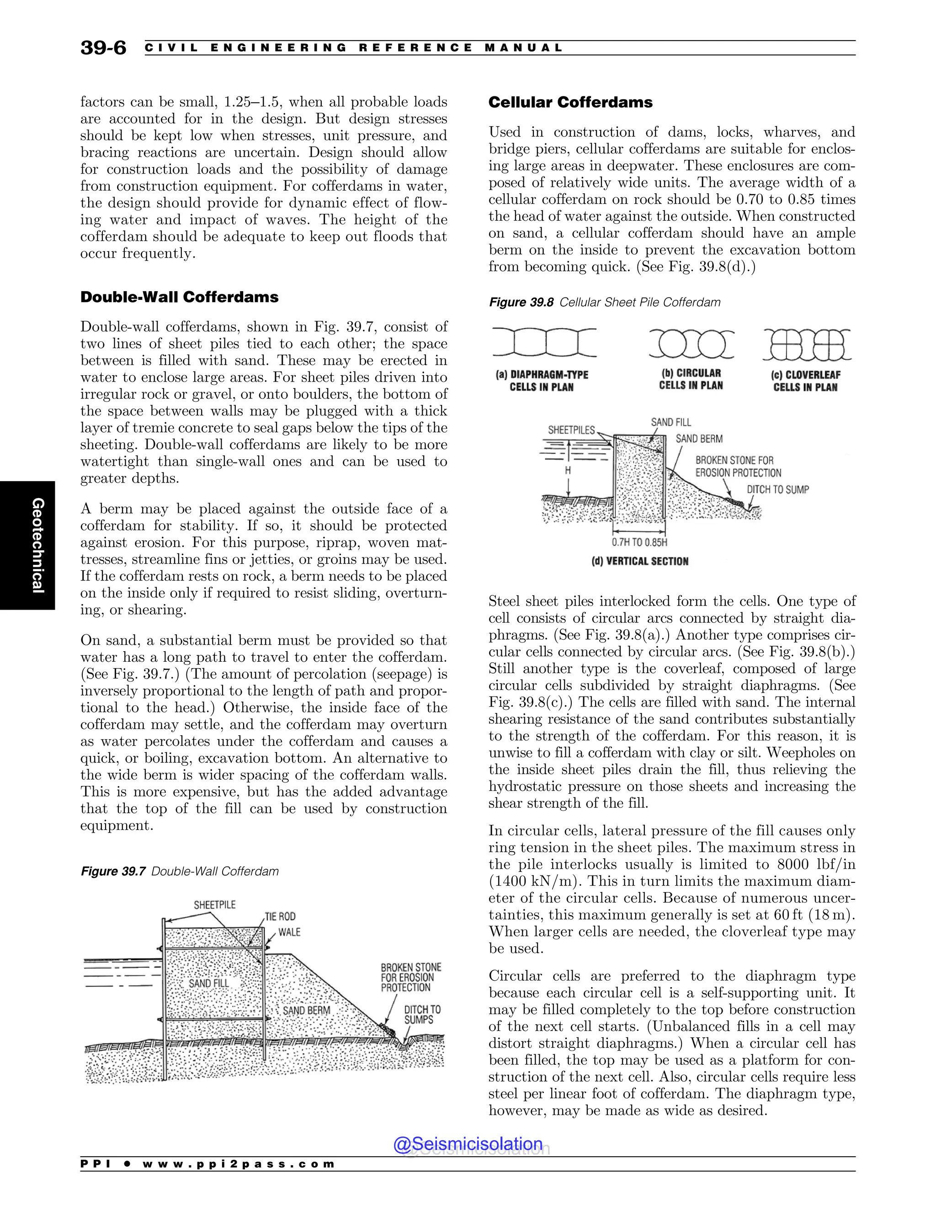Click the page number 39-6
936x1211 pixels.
point(103,48)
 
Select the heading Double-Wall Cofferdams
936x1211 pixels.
point(179,297)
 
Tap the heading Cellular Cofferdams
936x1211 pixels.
point(570,102)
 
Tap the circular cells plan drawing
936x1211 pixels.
point(691,344)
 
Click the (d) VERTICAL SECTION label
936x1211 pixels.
point(639,561)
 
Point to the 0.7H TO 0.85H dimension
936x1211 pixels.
point(639,542)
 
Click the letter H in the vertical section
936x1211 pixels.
point(568,471)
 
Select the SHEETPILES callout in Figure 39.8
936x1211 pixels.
point(571,430)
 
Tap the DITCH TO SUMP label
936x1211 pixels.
point(777,489)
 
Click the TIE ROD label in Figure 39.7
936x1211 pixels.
point(280,917)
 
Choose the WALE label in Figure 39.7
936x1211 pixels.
point(289,932)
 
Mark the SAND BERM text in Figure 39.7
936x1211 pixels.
point(306,1010)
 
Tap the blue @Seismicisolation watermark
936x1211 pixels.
point(468,1144)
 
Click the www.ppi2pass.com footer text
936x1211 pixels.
point(239,1164)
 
